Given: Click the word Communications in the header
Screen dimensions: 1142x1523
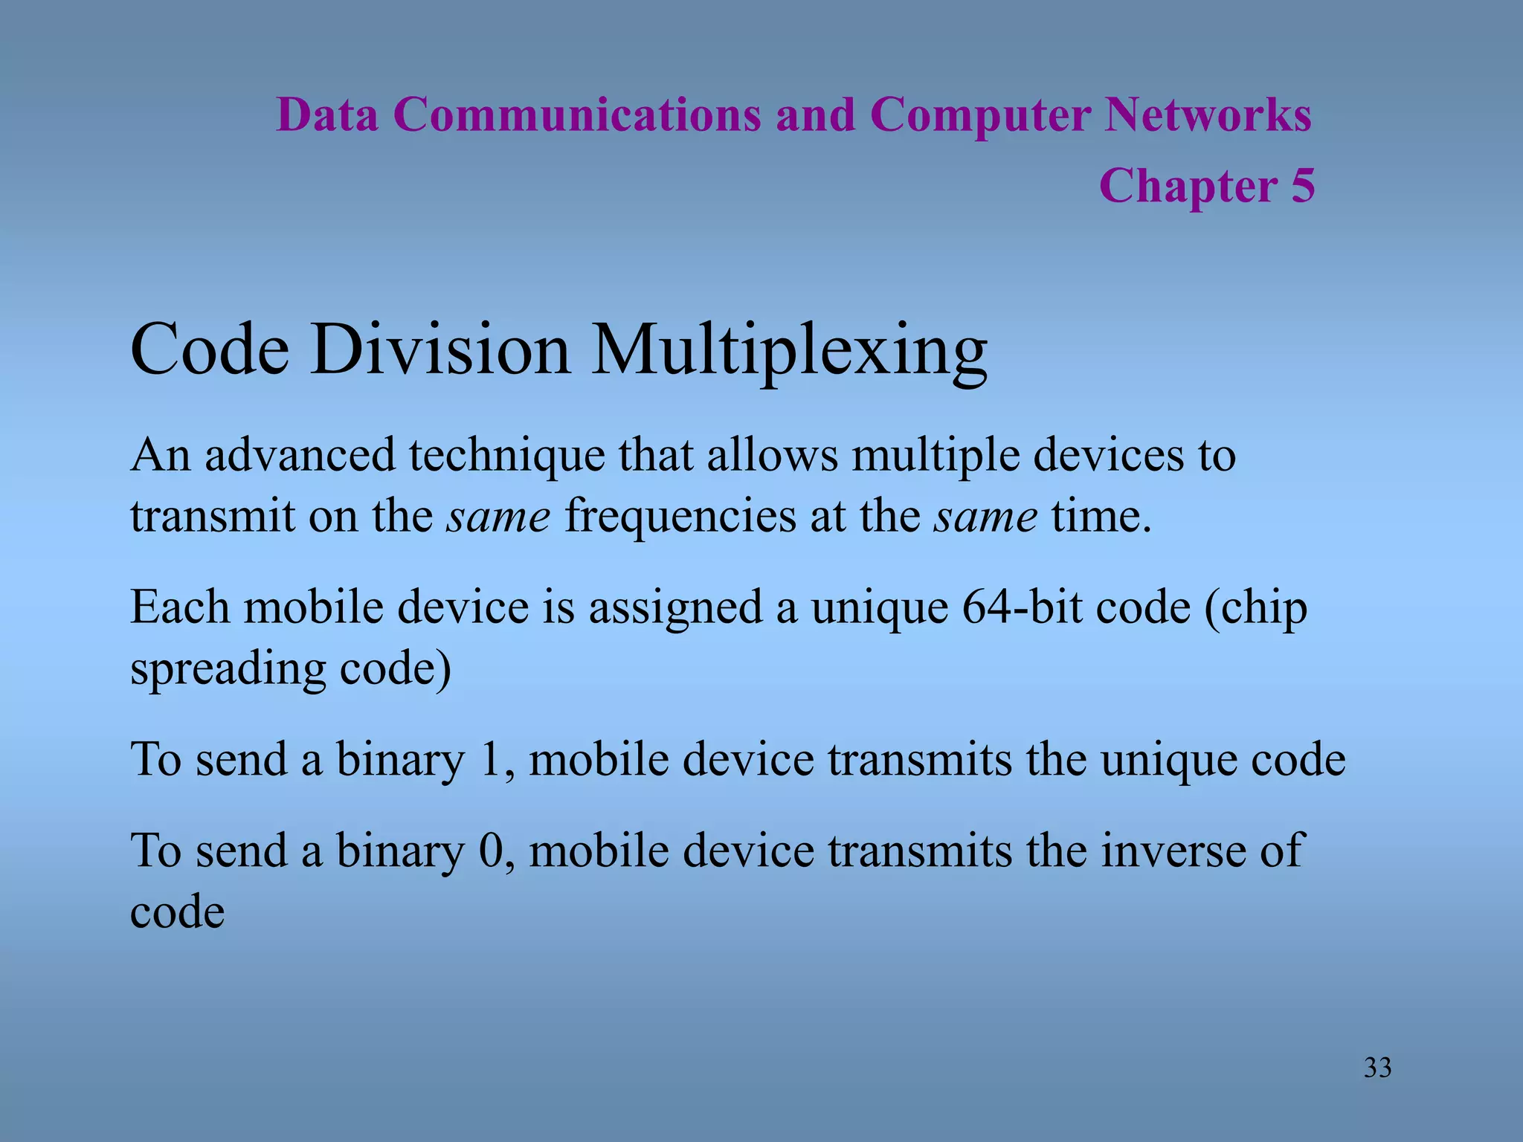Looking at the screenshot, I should (x=577, y=115).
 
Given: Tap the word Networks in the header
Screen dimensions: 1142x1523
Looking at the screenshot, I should (x=1208, y=115).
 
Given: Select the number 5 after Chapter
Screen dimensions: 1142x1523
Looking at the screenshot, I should (x=1303, y=185).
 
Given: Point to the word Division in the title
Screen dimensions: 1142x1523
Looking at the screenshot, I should (x=440, y=349).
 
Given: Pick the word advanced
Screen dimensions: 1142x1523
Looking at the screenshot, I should (x=300, y=455).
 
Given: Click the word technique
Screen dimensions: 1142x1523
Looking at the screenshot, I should (x=507, y=457).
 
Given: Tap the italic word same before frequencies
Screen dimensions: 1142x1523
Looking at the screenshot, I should (x=498, y=516).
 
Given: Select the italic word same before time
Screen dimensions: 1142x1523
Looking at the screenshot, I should (x=985, y=516).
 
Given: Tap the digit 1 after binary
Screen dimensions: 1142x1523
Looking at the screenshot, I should (x=490, y=760).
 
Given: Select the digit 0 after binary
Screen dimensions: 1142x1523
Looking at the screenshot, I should (x=491, y=851).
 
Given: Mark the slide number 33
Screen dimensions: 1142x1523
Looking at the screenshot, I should (x=1377, y=1068).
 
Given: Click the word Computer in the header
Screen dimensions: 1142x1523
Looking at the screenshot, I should (x=980, y=117).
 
